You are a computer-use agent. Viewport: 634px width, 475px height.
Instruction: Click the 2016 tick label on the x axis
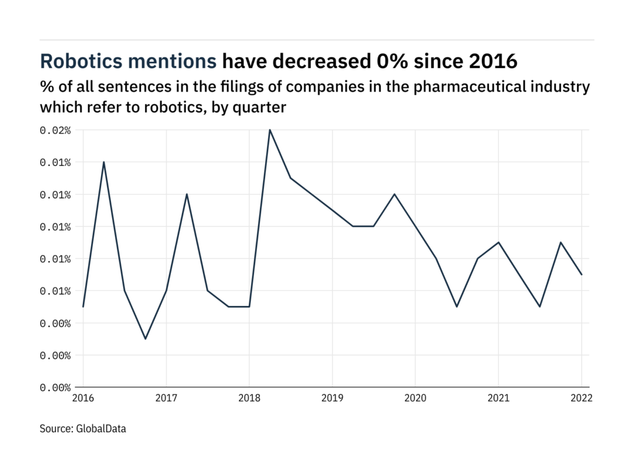83,398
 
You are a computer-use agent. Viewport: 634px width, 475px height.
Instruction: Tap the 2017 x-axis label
166,398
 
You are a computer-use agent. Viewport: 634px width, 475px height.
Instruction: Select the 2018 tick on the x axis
249,398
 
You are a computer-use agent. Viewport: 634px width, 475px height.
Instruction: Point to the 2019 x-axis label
332,398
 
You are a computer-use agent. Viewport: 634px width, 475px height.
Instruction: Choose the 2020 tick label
415,398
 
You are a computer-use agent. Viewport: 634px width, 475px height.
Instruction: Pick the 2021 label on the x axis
498,398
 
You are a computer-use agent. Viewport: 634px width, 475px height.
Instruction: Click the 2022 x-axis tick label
581,398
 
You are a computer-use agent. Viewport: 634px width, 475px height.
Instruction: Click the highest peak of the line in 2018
269,130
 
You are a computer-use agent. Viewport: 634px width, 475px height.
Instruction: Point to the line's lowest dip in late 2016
145,339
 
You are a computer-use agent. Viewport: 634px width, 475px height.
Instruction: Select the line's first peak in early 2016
103,162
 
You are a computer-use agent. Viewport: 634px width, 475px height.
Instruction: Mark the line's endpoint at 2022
581,275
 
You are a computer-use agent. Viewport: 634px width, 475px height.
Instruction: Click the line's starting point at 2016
83,307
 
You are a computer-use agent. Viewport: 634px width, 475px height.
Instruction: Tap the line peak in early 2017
186,194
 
